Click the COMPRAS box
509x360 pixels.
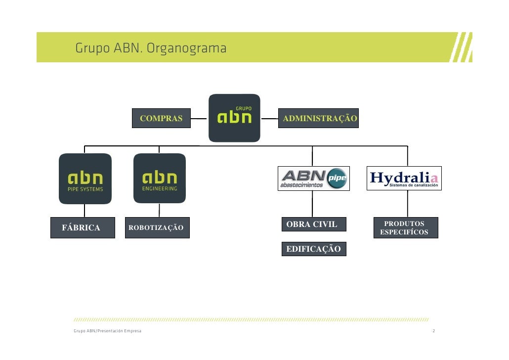coord(161,118)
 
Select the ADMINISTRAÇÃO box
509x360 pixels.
coord(319,118)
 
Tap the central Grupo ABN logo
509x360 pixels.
coord(234,118)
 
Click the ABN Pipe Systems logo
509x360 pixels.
coord(85,179)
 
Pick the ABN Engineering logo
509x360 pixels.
coord(160,178)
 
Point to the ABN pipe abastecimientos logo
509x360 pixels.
coord(314,178)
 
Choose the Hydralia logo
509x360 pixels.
coord(404,178)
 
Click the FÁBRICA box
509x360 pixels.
coord(83,227)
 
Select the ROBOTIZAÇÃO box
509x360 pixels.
coord(156,227)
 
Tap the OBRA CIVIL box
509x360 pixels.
coord(314,225)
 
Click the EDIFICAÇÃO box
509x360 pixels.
coord(314,249)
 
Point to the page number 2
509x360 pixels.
coord(433,331)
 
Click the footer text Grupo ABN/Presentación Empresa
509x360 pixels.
coord(107,331)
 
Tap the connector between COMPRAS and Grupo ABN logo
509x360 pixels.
coord(199,119)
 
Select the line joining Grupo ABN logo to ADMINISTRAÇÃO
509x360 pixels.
coord(269,119)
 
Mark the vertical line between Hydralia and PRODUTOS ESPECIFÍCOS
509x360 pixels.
coord(408,204)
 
